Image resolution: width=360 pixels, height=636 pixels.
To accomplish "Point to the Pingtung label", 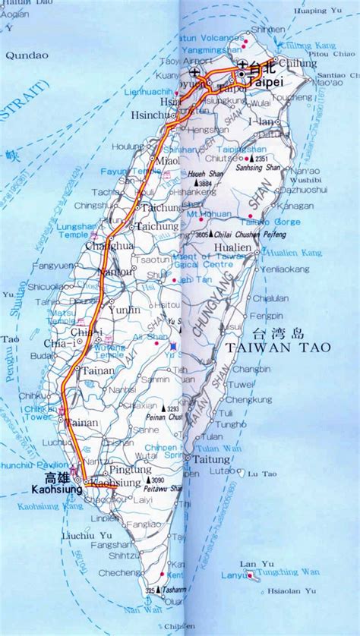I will (137, 469).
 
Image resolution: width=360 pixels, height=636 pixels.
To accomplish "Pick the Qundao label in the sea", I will (27, 55).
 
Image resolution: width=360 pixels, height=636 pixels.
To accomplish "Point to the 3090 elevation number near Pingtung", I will (158, 481).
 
